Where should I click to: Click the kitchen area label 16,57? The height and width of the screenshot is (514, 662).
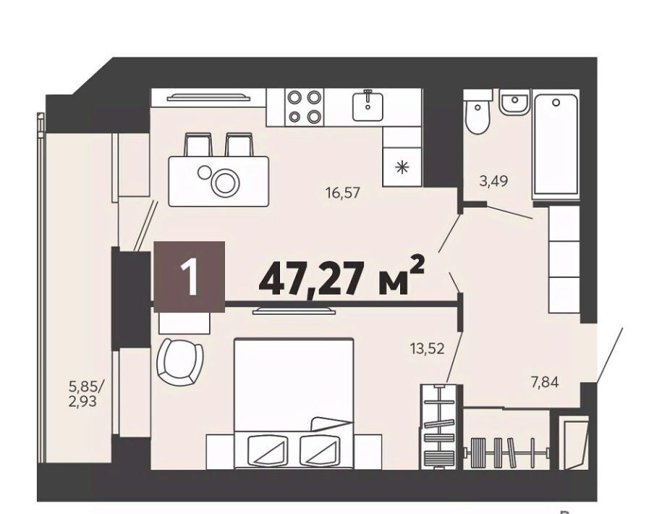(x=342, y=193)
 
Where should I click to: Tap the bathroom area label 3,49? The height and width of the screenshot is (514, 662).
(x=493, y=181)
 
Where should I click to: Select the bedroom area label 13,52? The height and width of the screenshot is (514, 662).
(x=428, y=348)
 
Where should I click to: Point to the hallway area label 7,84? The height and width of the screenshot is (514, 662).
(x=545, y=382)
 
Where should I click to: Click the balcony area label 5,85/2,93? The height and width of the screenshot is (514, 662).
(x=85, y=393)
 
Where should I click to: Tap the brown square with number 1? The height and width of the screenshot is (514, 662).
(x=189, y=277)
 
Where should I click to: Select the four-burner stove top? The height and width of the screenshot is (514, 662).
(x=304, y=107)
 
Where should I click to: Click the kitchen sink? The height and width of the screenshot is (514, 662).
(x=368, y=106)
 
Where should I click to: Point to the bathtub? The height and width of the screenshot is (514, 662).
(x=555, y=146)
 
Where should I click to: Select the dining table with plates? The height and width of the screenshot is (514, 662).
(x=218, y=181)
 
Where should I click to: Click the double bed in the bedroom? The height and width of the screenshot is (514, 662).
(x=294, y=403)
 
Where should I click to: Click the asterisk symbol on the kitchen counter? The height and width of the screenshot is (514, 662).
(x=402, y=167)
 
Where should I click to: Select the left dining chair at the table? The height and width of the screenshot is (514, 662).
(x=198, y=145)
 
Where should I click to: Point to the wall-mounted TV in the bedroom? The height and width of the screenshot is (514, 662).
(x=294, y=312)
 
